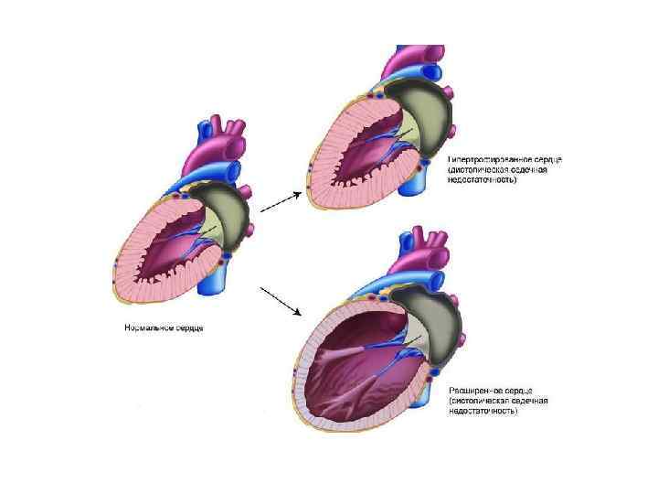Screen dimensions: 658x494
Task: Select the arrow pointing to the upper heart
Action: [x=281, y=201]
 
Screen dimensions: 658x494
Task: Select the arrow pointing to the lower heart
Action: [x=281, y=300]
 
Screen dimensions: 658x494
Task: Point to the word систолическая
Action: [x=482, y=401]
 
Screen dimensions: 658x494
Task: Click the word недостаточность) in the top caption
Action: [x=482, y=180]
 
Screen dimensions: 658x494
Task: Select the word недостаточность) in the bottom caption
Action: [x=482, y=412]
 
